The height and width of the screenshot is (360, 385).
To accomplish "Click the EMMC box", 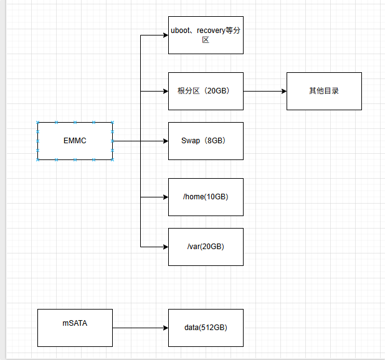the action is [x=75, y=141].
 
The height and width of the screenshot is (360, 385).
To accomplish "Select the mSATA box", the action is [x=75, y=328].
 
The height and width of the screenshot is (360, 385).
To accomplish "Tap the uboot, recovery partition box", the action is [x=206, y=35].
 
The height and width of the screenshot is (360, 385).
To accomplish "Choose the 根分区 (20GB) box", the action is [x=206, y=91].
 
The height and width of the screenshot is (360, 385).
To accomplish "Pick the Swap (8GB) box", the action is [x=206, y=141].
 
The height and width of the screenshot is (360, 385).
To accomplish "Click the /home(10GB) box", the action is [x=206, y=197].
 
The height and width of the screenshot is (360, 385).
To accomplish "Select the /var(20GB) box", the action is [x=206, y=247].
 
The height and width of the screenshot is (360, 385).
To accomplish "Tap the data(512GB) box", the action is [x=206, y=328].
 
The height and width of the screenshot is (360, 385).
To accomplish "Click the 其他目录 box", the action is [x=324, y=91].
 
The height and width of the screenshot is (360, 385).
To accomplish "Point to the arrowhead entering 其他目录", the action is [x=284, y=92].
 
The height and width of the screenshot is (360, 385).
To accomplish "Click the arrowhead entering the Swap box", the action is [x=166, y=141].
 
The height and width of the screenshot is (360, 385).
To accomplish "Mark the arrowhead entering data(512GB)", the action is [x=166, y=328].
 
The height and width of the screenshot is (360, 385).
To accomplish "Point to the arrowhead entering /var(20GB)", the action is [x=166, y=247].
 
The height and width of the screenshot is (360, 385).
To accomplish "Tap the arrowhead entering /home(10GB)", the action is [x=166, y=197].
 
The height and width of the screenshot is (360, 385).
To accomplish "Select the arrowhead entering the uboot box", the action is [x=166, y=35].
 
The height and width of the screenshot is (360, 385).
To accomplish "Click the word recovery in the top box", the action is [x=211, y=31].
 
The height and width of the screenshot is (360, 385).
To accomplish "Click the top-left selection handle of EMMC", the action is [x=37, y=122].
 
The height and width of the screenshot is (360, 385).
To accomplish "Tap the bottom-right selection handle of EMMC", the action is [x=113, y=159].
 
